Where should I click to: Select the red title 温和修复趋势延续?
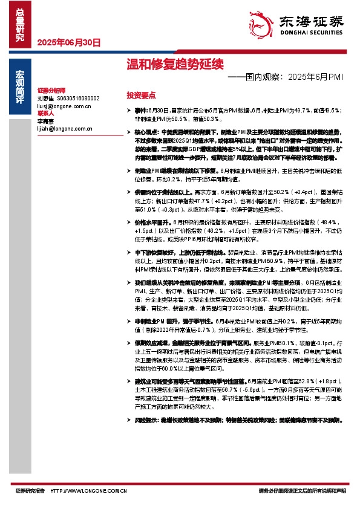[x=166, y=63]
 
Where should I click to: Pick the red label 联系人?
[x=45, y=113]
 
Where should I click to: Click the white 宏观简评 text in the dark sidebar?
[x=20, y=88]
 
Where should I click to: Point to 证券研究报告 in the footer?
[x=30, y=491]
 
